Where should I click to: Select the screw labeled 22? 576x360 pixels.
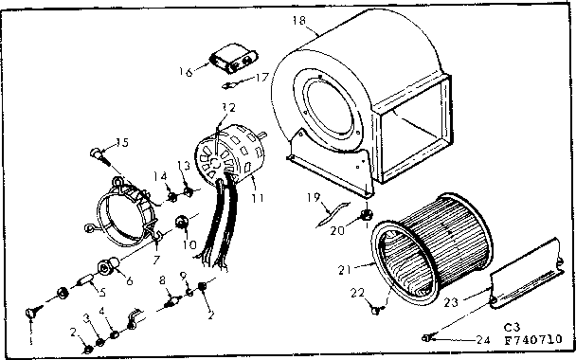click(380, 305)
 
